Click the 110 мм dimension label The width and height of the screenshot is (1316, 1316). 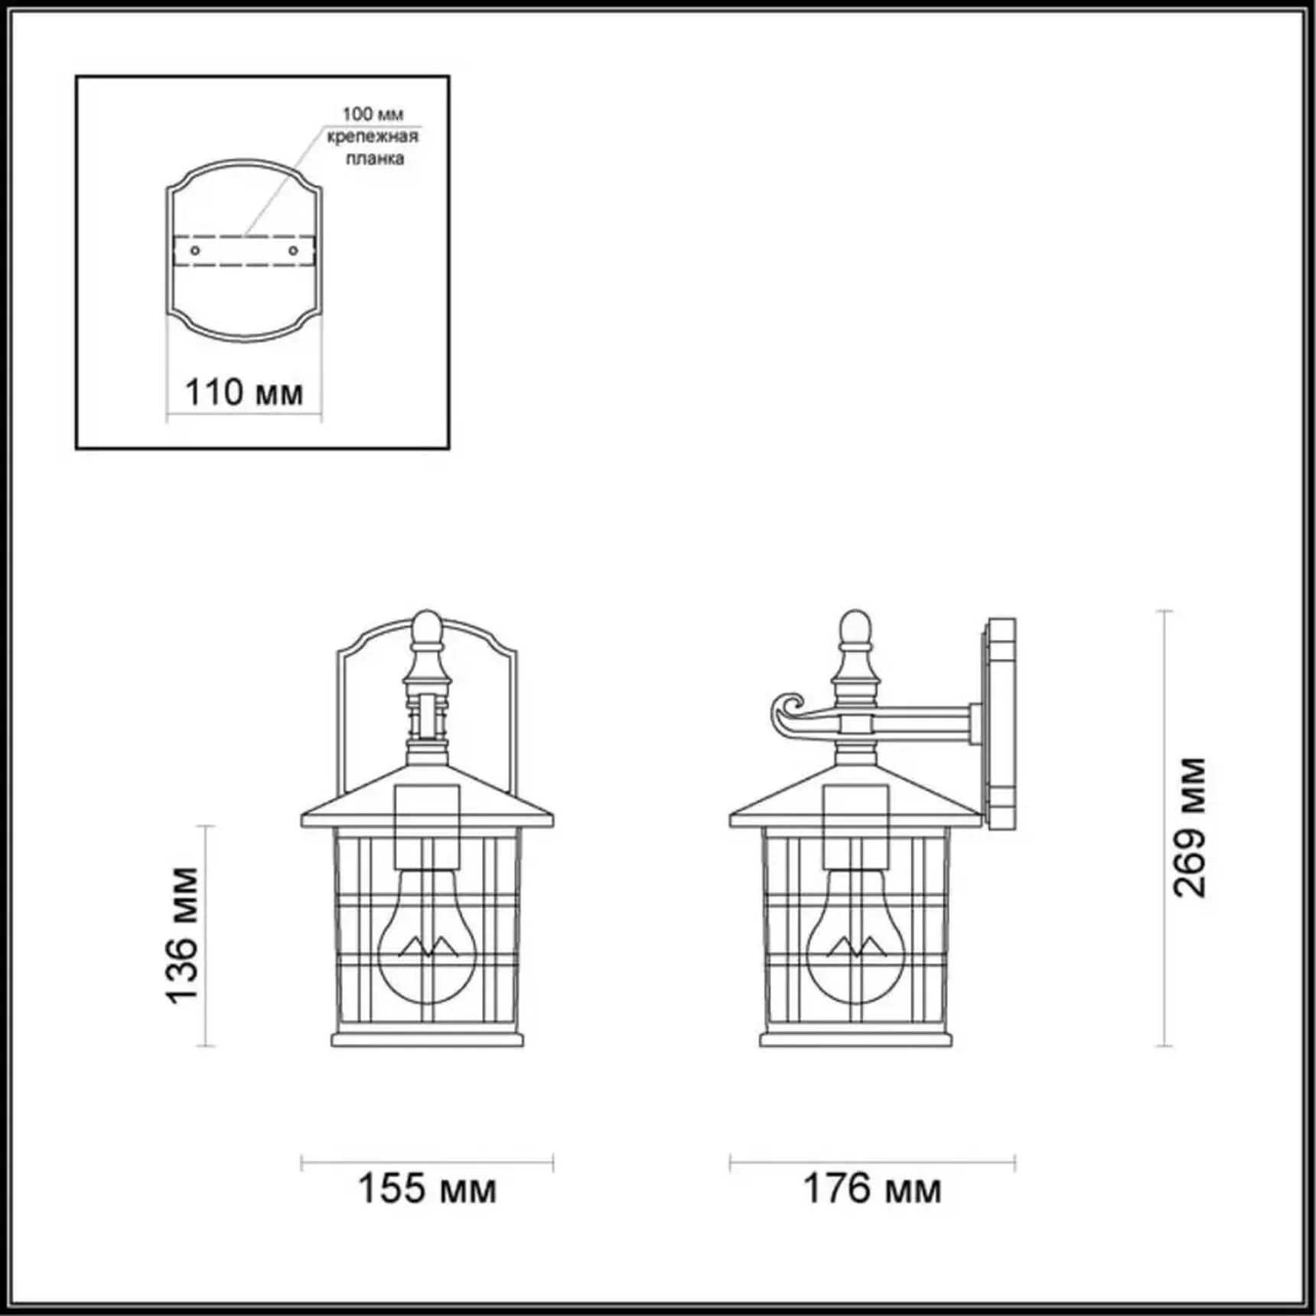pyautogui.click(x=244, y=393)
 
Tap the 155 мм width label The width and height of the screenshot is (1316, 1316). pyautogui.click(x=427, y=1188)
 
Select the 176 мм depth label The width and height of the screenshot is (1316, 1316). pyautogui.click(x=871, y=1188)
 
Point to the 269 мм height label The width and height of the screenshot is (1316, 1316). pyautogui.click(x=1190, y=827)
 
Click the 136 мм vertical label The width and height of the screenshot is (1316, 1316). pyautogui.click(x=184, y=935)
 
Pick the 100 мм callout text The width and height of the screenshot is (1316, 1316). pyautogui.click(x=373, y=114)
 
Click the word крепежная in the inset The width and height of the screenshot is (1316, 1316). pyautogui.click(x=373, y=136)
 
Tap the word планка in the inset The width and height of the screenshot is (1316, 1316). pyautogui.click(x=374, y=158)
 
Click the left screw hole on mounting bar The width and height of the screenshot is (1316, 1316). pyautogui.click(x=195, y=250)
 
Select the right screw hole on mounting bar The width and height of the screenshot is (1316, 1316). pyautogui.click(x=293, y=250)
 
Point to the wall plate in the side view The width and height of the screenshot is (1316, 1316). pyautogui.click(x=1001, y=724)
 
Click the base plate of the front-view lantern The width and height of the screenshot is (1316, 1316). pyautogui.click(x=427, y=1040)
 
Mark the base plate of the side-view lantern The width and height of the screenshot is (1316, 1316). pyautogui.click(x=855, y=1040)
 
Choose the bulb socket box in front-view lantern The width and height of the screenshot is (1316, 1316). pyautogui.click(x=427, y=826)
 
